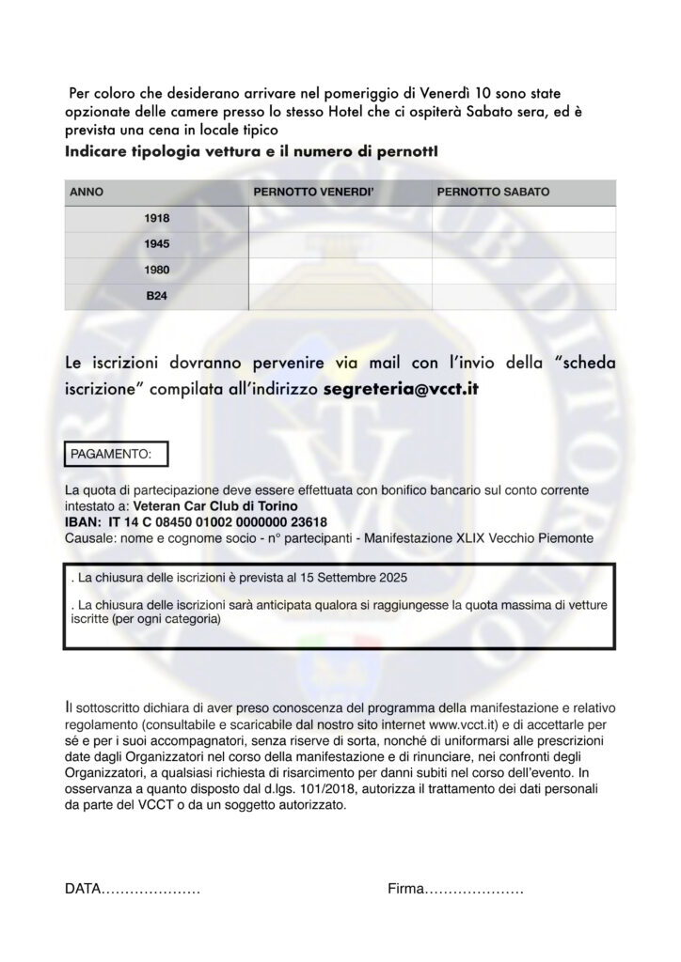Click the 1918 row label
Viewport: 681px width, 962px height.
(x=157, y=218)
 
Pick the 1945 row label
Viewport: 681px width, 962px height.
(x=157, y=244)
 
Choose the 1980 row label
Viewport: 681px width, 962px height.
(x=157, y=271)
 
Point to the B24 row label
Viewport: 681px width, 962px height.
(x=157, y=296)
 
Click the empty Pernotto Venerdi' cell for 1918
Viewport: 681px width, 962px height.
(x=340, y=218)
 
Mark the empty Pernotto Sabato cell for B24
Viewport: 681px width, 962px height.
(x=523, y=296)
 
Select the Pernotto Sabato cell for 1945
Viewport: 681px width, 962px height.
(x=523, y=244)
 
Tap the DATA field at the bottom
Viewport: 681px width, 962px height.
(x=132, y=888)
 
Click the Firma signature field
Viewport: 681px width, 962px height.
(x=455, y=888)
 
